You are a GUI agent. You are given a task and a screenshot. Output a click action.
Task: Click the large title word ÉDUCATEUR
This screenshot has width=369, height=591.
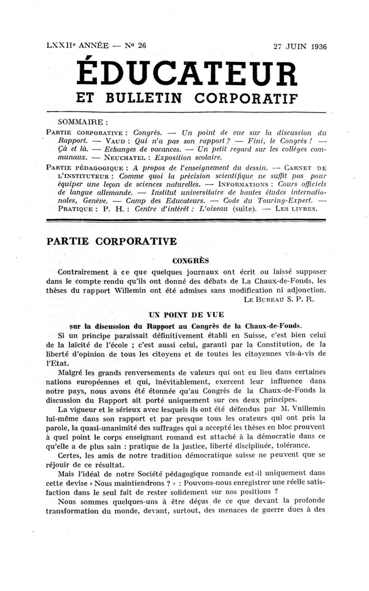(x=186, y=74)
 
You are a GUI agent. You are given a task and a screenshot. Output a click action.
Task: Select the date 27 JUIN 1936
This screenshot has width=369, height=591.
(x=300, y=47)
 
